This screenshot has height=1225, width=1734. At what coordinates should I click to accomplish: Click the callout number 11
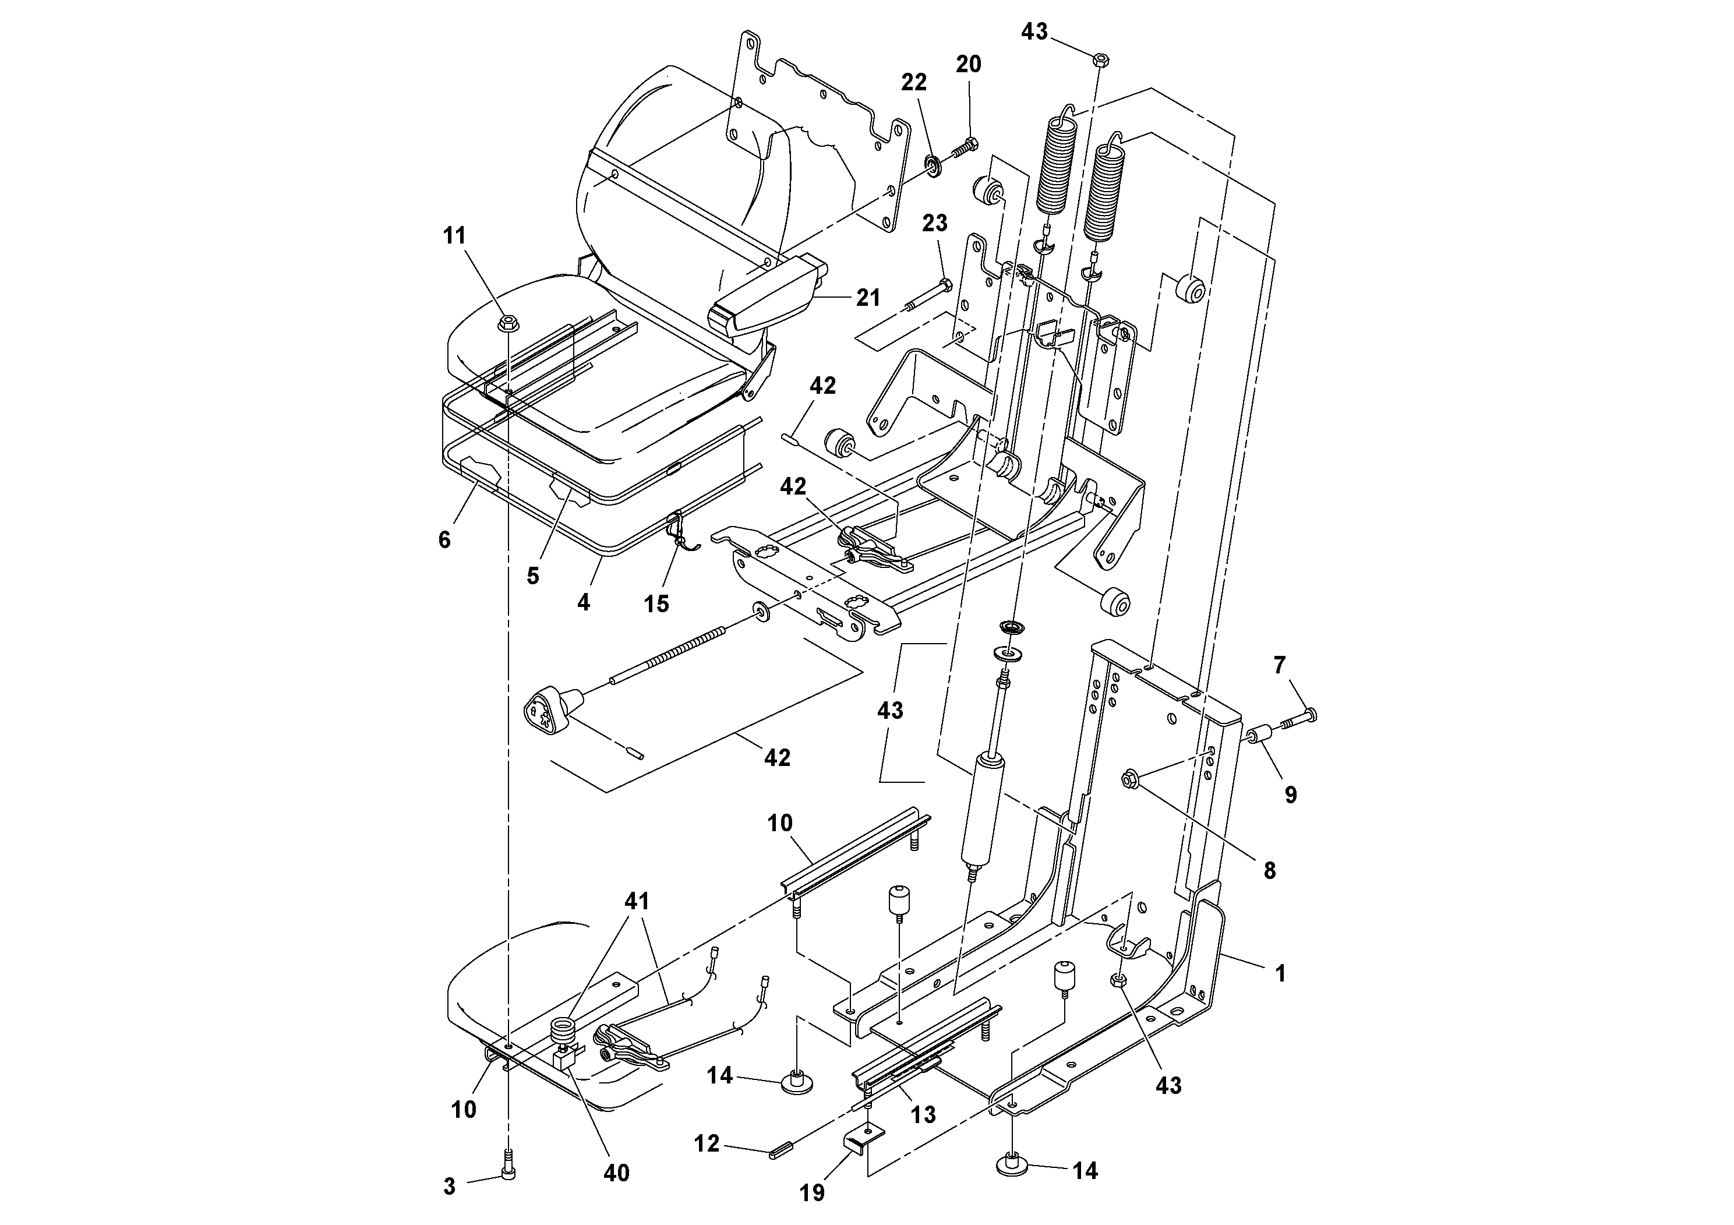[454, 236]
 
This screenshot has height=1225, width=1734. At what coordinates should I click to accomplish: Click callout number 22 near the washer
[914, 82]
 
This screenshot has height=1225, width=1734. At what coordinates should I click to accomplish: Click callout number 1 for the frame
[1280, 975]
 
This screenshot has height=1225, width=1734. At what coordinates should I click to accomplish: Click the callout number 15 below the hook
[656, 603]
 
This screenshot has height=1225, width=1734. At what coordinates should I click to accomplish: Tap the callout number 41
[637, 901]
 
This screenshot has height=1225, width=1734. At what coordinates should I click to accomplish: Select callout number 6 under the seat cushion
[444, 539]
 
